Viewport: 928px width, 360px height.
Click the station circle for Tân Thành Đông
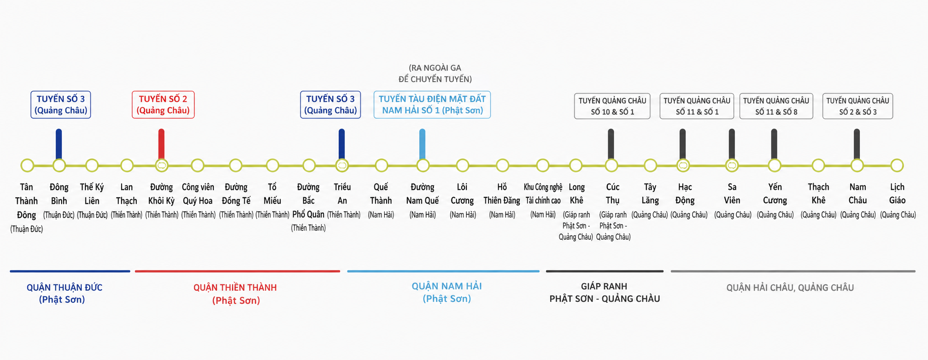[x=27, y=165]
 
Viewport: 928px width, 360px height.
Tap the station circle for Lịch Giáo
[x=897, y=165]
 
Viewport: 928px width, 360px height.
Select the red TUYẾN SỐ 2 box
[x=163, y=105]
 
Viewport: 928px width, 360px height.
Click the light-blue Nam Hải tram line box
[x=432, y=105]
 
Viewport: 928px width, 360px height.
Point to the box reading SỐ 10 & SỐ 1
[x=612, y=106]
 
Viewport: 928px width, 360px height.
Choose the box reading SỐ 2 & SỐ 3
[x=858, y=106]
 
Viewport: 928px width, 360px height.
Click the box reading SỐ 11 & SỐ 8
[x=776, y=106]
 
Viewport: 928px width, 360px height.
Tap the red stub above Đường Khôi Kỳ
[x=161, y=144]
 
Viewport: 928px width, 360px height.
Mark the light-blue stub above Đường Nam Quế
[x=423, y=144]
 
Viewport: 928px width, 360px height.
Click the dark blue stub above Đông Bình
[x=59, y=144]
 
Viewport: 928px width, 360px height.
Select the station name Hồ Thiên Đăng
[x=502, y=194]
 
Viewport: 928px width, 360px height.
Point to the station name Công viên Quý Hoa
[x=198, y=194]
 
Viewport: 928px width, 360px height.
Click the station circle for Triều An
[x=342, y=165]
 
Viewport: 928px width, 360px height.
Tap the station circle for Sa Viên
[x=732, y=165]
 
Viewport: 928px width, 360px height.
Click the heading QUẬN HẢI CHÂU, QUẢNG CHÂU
[x=790, y=288]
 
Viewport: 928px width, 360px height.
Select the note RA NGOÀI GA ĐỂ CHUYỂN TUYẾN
[x=435, y=73]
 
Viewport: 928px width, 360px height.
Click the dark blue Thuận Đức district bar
[x=70, y=271]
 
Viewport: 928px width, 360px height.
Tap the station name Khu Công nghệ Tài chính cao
[x=543, y=194]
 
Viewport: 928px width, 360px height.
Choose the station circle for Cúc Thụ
[x=611, y=165]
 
